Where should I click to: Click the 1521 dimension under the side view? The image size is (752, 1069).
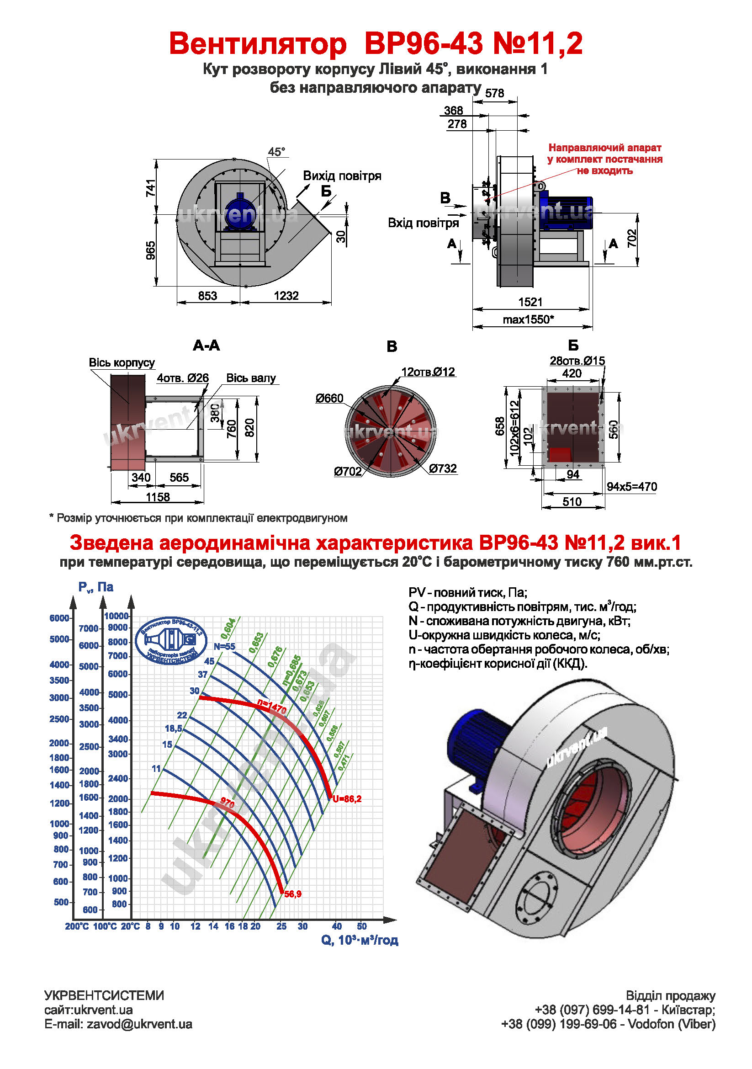[530, 302]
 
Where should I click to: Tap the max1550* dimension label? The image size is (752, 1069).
[528, 319]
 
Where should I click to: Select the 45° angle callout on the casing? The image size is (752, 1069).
[276, 152]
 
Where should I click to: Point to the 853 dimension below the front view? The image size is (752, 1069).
[207, 296]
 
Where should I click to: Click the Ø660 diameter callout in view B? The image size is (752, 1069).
[329, 398]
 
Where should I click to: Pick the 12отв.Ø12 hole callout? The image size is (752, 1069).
[428, 372]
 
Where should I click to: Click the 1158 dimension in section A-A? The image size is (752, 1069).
[158, 497]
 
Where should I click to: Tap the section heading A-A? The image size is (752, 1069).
[206, 346]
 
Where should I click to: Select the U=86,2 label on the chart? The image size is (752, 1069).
[347, 798]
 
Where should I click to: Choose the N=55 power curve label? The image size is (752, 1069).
[224, 647]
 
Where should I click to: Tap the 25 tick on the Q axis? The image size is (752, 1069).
[281, 926]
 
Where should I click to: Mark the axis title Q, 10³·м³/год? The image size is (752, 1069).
[359, 940]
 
